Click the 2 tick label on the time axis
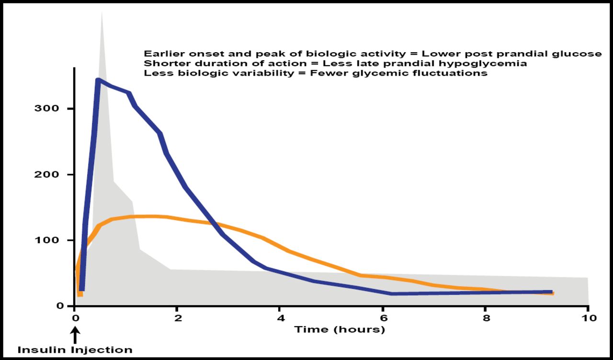178,318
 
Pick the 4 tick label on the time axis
280,318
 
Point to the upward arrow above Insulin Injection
75,334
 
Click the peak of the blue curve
98,80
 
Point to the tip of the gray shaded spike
102,12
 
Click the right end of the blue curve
551,292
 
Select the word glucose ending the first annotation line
584,54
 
